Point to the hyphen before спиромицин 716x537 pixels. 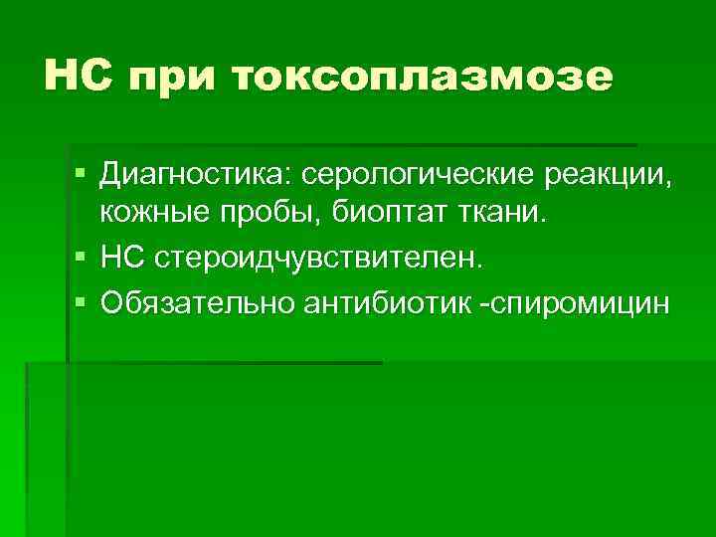(x=484, y=301)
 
